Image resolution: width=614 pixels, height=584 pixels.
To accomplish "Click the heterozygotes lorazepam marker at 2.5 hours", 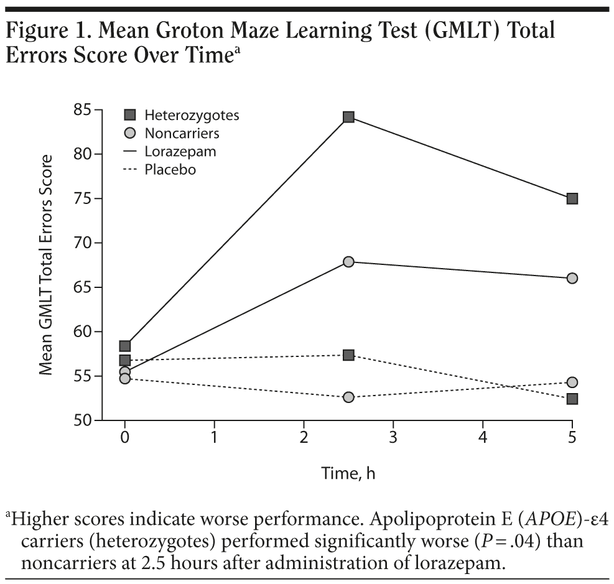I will coord(348,117).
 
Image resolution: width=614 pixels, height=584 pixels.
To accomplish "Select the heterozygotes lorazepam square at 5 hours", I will coord(572,199).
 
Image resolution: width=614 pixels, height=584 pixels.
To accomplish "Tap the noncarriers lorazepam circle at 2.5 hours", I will coord(348,262).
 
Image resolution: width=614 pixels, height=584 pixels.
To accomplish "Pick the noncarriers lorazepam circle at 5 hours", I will coord(572,278).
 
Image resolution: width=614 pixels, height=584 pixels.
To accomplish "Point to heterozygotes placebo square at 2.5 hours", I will coord(348,355).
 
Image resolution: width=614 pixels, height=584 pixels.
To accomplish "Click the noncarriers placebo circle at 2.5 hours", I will coord(348,397).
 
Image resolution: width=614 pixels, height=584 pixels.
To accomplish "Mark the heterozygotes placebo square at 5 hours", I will coord(572,399).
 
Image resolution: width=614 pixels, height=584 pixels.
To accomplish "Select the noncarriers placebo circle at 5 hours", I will coord(572,382).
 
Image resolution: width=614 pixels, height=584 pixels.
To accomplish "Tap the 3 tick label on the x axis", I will coord(393,438).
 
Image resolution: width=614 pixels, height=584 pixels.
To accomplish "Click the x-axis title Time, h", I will coord(348,473).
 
